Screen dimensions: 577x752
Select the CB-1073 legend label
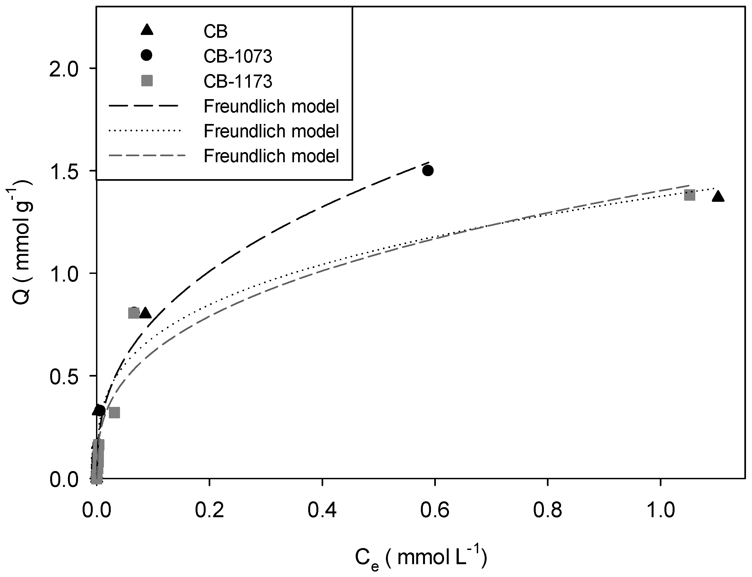[x=238, y=56]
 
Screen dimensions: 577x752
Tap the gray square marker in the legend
[x=147, y=81]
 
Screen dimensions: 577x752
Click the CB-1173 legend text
[x=238, y=82]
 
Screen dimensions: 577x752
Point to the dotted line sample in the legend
[x=144, y=131]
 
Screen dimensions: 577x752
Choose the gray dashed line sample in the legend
[x=147, y=156]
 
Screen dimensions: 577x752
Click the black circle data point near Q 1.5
[x=428, y=170]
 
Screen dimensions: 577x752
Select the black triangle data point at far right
[x=718, y=196]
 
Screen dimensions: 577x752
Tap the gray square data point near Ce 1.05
[x=690, y=195]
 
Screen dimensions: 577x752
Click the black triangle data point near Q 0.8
[x=145, y=313]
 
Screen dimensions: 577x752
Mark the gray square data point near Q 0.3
[x=114, y=413]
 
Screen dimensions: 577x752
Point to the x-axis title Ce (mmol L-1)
[x=421, y=558]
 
